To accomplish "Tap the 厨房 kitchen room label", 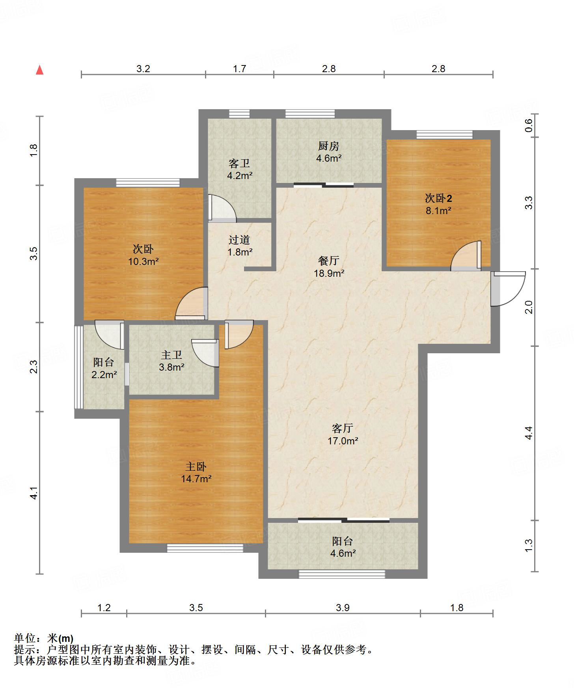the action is [x=329, y=152].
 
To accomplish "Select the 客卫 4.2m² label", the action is [x=239, y=169].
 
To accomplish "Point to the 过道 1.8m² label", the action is [x=240, y=245].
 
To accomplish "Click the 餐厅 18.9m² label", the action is [x=329, y=267].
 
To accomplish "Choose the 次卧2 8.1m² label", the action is [x=438, y=204].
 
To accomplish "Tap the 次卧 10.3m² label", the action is [x=143, y=255].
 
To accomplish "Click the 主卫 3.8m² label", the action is [x=172, y=361].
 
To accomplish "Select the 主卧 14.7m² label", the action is [x=196, y=472].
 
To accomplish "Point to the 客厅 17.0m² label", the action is [x=343, y=434].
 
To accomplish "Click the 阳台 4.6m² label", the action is [x=343, y=547].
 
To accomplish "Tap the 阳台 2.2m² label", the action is [x=104, y=368].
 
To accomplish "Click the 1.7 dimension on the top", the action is [x=239, y=69].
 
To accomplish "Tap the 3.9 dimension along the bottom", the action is [x=343, y=608].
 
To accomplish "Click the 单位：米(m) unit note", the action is [x=44, y=638].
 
